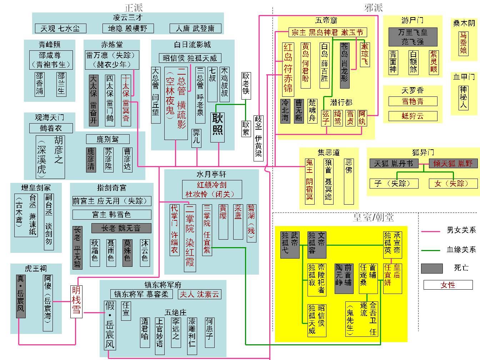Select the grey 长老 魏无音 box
pyautogui.click(x=121, y=228)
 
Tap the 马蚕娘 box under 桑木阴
pyautogui.click(x=463, y=43)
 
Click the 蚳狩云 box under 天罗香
pyautogui.click(x=413, y=116)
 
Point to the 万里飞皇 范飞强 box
pyautogui.click(x=412, y=37)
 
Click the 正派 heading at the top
pyautogui.click(x=134, y=7)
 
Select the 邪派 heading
pyautogui.click(x=374, y=7)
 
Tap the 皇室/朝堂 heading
pyautogui.click(x=373, y=217)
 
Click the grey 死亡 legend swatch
pyautogui.click(x=432, y=268)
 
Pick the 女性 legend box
pyautogui.click(x=448, y=285)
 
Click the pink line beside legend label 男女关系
pyautogui.click(x=430, y=231)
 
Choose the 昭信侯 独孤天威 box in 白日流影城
pyautogui.click(x=190, y=58)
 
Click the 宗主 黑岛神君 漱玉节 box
pyautogui.click(x=327, y=32)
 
